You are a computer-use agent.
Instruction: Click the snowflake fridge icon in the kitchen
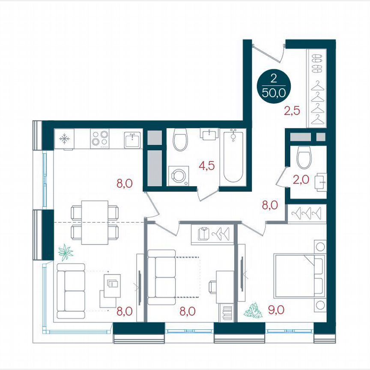coord(64,138)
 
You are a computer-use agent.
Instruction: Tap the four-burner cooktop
coord(99,138)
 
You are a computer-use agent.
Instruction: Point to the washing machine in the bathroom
coord(178,176)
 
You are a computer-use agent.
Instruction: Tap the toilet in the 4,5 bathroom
coord(180,141)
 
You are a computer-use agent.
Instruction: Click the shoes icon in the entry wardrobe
coord(317,62)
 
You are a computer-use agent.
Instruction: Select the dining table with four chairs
coord(94,222)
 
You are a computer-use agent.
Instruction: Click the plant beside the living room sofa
coord(66,252)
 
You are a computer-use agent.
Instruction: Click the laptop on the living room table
coord(113,284)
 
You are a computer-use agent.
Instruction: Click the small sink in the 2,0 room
coord(320,182)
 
